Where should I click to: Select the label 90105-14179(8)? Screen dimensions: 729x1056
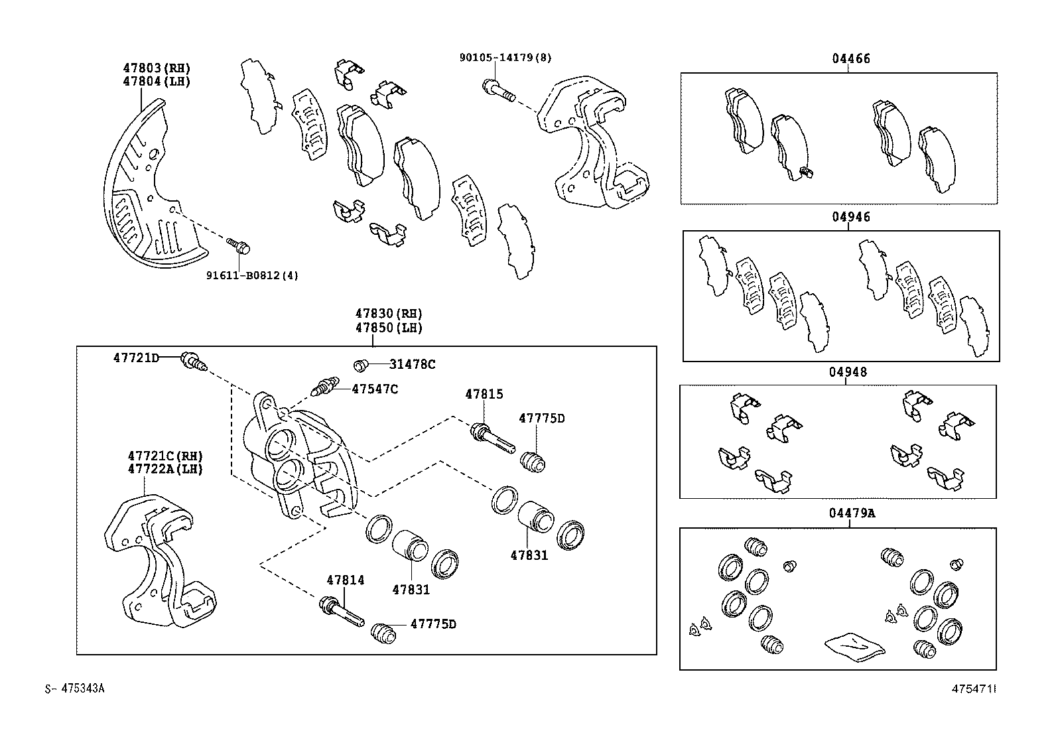click(505, 58)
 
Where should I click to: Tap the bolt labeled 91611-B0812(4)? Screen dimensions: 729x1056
click(239, 245)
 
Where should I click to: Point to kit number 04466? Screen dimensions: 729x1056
click(851, 58)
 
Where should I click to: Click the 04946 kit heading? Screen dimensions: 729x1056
click(851, 217)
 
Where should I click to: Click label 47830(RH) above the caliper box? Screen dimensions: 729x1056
click(388, 314)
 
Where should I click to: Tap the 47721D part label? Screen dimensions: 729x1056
click(136, 358)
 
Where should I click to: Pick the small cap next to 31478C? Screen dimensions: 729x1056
click(362, 365)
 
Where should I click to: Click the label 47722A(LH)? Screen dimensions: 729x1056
click(165, 469)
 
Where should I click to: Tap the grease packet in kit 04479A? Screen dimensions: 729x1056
click(854, 645)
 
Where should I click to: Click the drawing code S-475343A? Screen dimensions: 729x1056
click(75, 689)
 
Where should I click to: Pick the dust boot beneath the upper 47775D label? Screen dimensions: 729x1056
click(532, 460)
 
